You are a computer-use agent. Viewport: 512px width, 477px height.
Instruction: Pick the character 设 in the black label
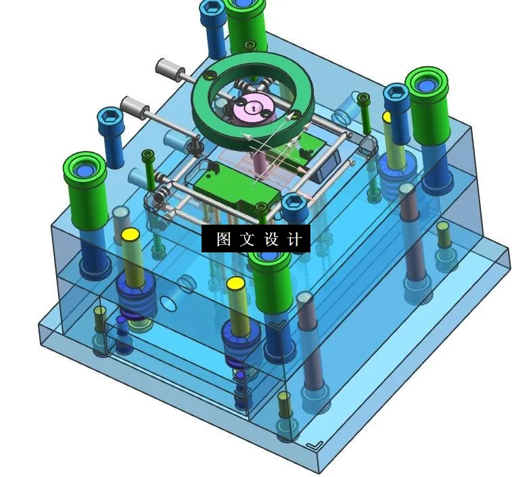(x=271, y=239)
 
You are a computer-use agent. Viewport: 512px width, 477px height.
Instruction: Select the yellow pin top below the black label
(x=235, y=283)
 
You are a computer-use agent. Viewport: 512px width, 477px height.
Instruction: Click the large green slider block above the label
(x=237, y=189)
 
